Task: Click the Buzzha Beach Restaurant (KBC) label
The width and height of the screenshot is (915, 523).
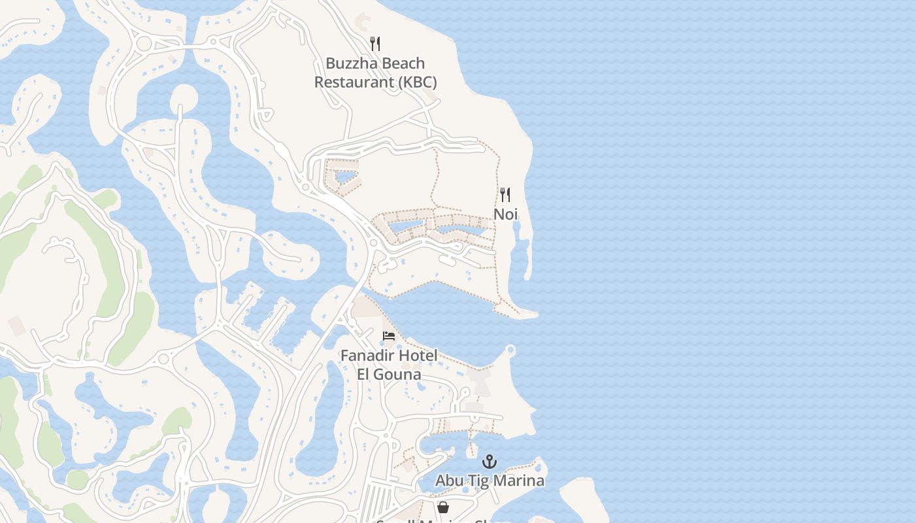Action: (x=375, y=73)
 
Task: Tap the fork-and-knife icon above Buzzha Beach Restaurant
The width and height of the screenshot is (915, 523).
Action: (x=375, y=44)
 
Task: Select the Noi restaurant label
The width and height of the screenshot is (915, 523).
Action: (x=505, y=214)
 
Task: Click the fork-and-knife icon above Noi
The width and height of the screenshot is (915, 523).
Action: (x=505, y=195)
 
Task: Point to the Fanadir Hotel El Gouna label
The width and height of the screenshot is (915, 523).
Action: (x=389, y=365)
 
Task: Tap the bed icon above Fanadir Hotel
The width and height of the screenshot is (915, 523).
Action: (x=389, y=336)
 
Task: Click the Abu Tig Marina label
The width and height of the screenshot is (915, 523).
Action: (x=490, y=481)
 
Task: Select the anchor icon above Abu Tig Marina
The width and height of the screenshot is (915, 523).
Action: (x=490, y=462)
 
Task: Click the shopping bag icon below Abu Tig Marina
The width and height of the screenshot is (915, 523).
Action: (x=443, y=507)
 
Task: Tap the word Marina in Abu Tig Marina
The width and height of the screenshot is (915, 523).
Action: (x=520, y=481)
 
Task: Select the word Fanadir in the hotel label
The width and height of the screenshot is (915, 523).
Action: (x=365, y=356)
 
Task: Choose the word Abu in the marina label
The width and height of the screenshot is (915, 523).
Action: (x=449, y=481)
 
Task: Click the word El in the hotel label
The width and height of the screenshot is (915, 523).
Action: (x=364, y=375)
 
